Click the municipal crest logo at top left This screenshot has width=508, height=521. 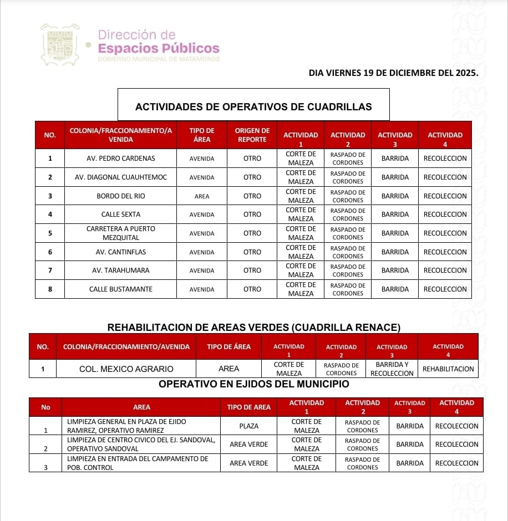pos(60,44)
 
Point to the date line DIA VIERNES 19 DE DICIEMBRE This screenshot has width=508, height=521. pos(393,72)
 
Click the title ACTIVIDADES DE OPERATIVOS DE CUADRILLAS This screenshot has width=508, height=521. pos(253,107)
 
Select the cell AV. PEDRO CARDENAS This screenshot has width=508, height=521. pos(121,159)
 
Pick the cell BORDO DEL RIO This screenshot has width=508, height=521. pos(121,196)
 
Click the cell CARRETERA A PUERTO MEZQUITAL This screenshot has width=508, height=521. pos(121,233)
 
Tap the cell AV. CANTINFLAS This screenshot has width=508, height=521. pos(121,252)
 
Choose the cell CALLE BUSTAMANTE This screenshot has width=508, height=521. pos(121,289)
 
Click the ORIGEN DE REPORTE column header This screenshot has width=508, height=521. pos(252,135)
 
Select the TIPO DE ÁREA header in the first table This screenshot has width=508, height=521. pos(202,135)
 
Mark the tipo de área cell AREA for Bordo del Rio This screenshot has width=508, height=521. pos(202,196)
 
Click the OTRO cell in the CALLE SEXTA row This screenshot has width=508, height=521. pos(252,214)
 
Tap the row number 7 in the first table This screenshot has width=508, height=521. pos(50,270)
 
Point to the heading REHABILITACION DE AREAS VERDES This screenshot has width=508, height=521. pos(253,328)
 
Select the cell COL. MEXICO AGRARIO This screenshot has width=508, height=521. pos(126,369)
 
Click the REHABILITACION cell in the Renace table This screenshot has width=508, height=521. pos(448,369)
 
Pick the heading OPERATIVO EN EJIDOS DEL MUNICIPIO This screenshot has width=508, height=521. pos(253,384)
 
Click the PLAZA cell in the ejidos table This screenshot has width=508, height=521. pos(248,426)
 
